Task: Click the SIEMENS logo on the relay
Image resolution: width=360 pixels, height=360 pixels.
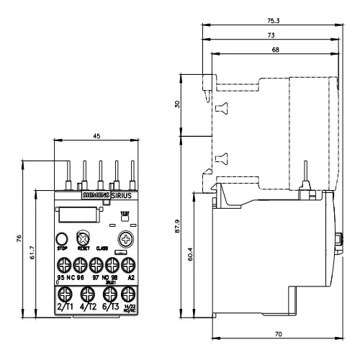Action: tap(92, 195)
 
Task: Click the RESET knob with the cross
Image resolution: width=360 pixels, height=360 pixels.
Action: tap(84, 239)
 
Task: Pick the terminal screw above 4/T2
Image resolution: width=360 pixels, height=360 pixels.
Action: tap(86, 294)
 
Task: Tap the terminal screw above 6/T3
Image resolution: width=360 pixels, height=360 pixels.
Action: tap(109, 294)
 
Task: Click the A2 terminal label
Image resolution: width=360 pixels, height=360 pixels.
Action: tap(130, 276)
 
